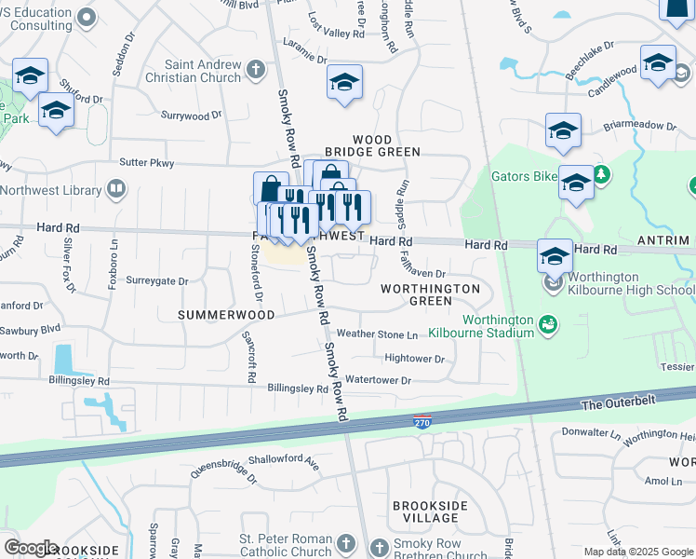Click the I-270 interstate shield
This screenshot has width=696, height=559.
click(422, 421)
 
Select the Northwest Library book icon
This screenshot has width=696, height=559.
click(116, 190)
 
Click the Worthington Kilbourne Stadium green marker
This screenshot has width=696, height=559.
click(549, 325)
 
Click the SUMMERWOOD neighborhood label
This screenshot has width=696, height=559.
click(227, 315)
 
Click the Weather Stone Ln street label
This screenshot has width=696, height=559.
click(377, 334)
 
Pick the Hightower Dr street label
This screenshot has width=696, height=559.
click(414, 358)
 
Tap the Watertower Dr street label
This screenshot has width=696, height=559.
click(377, 380)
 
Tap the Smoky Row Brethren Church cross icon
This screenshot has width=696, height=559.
click(379, 546)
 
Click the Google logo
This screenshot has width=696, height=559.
click(31, 548)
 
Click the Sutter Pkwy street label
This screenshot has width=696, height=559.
click(148, 162)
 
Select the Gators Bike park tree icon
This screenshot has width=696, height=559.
click(601, 173)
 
